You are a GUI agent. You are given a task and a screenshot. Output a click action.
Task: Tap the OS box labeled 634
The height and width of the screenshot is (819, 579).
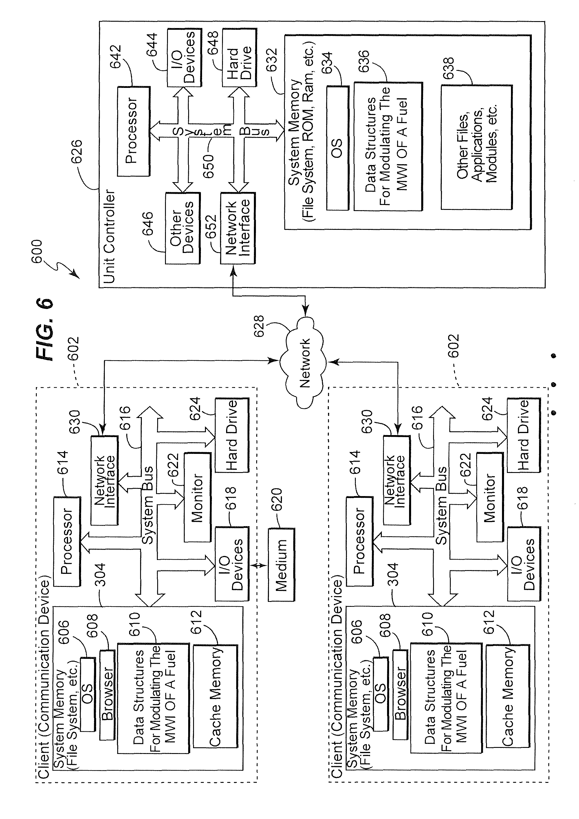pyautogui.click(x=337, y=148)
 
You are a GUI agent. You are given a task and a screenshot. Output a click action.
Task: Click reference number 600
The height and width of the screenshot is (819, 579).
pyautogui.click(x=37, y=252)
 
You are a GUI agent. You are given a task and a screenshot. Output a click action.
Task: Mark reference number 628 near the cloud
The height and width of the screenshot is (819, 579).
pyautogui.click(x=259, y=326)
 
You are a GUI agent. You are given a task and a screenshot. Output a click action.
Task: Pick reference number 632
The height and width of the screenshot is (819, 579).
pyautogui.click(x=272, y=60)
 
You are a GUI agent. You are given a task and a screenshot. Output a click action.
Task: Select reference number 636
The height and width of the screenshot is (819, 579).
pyautogui.click(x=364, y=61)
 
